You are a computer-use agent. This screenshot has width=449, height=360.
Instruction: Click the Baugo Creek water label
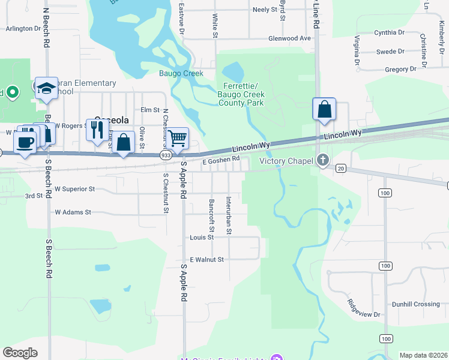(181, 73)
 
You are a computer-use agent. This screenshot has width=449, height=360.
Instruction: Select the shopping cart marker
(177, 139)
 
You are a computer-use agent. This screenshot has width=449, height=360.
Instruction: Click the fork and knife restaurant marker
(97, 130)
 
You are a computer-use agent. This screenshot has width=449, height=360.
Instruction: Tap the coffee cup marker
(25, 143)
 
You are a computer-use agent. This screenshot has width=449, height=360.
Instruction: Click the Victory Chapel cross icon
(323, 160)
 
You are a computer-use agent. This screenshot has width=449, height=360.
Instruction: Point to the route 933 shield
(164, 155)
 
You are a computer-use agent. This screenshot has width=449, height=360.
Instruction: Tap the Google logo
(20, 352)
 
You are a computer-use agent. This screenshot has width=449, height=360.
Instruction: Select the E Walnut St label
(206, 260)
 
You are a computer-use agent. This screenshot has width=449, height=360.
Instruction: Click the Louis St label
(197, 237)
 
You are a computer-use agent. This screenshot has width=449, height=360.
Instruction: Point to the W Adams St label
(73, 212)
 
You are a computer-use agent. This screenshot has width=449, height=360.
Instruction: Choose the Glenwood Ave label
(290, 38)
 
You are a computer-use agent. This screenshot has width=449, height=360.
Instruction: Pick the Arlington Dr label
(23, 28)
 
